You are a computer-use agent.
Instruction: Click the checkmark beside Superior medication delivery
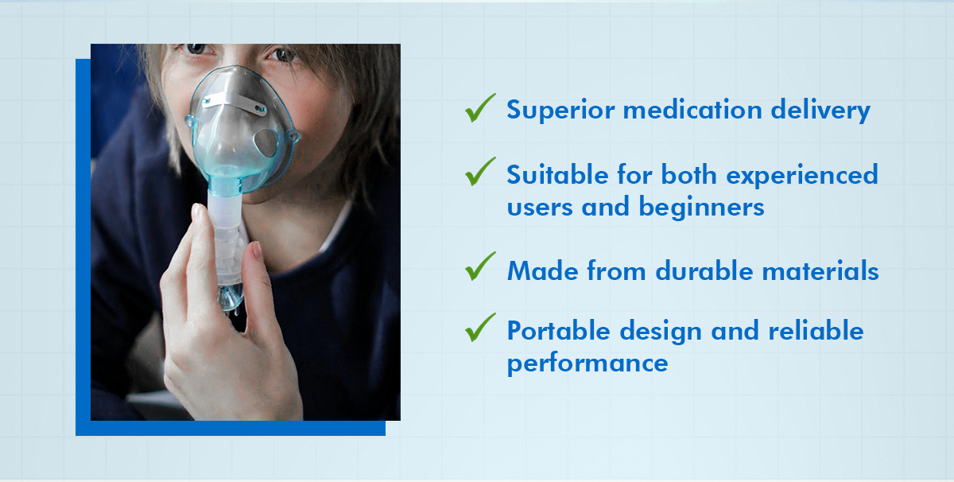[x=480, y=108]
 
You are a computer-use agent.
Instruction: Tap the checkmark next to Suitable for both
[x=480, y=172]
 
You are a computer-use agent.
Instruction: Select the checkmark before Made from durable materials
[x=480, y=266]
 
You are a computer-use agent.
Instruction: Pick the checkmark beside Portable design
[x=480, y=328]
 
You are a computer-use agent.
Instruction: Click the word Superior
[x=560, y=111]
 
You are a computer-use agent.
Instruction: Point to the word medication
[x=692, y=110]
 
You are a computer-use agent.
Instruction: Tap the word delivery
[x=820, y=111]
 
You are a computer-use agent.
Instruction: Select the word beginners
[x=701, y=208]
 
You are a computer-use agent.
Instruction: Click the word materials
[x=820, y=270]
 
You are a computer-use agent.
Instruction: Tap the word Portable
[x=558, y=330]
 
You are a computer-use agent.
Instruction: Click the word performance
[x=588, y=364]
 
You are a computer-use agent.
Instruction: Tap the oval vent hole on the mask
[x=266, y=142]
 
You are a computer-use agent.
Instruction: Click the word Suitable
[x=558, y=175]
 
